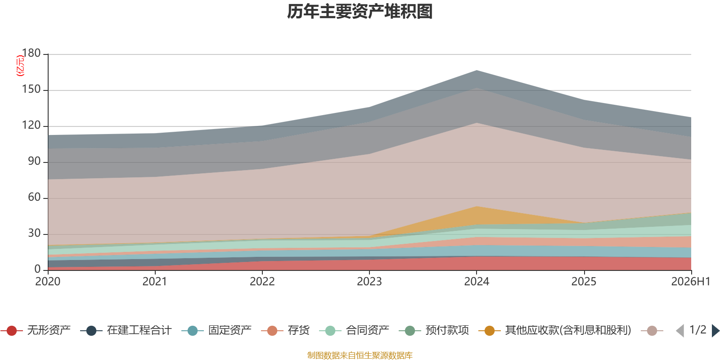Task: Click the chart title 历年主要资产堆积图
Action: pos(360,12)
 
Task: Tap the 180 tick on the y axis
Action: pos(31,53)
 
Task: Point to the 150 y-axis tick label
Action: pos(31,89)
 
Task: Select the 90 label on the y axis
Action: pos(34,161)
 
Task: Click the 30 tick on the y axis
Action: pos(34,233)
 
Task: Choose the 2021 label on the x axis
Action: pos(155,282)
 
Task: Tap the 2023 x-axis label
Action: pos(369,282)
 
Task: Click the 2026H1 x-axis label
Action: pos(691,282)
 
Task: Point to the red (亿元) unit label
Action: pos(20,66)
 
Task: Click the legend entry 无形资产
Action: pos(36,330)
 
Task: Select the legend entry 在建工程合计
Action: pos(126,330)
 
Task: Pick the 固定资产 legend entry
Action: pos(216,330)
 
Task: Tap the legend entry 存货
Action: pos(285,330)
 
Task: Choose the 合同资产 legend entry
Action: pos(354,330)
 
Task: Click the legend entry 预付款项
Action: pos(434,330)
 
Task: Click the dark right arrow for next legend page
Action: pos(715,330)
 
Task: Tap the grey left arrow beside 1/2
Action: pos(680,330)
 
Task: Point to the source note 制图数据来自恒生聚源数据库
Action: pos(360,355)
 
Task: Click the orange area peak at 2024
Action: pos(477,207)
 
